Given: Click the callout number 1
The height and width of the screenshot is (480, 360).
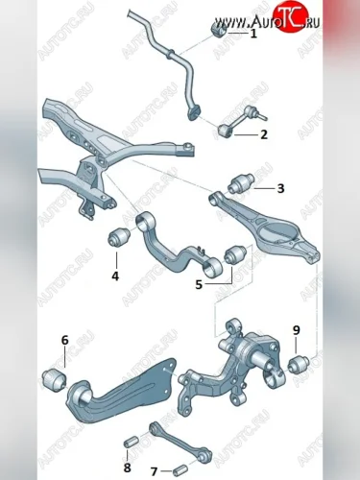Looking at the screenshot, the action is [253, 34].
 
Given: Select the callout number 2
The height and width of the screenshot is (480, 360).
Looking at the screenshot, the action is [264, 134].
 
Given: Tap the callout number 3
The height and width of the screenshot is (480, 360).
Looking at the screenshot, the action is [280, 188].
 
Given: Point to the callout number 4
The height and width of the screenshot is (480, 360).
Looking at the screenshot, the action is [115, 276].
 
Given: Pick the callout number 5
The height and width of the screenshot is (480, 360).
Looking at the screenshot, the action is [199, 284].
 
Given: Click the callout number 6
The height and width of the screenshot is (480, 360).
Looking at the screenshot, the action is [65, 340].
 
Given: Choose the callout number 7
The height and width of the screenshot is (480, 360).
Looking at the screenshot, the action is [154, 471].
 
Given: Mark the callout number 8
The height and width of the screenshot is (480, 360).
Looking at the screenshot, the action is [127, 468].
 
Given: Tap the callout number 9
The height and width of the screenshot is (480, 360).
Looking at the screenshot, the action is [297, 330].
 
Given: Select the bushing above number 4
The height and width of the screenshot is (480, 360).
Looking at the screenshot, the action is [118, 237].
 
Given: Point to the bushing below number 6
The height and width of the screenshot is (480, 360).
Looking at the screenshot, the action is [55, 379].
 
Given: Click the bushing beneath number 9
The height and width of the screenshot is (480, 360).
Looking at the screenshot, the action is [299, 364].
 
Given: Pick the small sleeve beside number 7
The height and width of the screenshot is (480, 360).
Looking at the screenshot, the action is [180, 471].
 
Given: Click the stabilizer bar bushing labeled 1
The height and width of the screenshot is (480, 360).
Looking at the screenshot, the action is [219, 29].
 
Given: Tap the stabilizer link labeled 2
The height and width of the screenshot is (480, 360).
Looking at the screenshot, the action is [241, 122].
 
